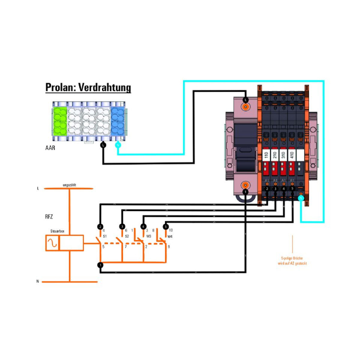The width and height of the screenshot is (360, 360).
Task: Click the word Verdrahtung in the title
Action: click(103, 88)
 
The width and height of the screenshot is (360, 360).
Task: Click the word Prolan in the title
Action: click(58, 88)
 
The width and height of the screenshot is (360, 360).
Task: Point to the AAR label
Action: click(51, 146)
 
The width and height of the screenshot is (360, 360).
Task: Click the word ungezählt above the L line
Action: click(69, 185)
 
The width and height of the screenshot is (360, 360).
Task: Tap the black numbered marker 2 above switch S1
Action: click(100, 226)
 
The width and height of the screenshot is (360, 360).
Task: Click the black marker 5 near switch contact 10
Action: click(166, 226)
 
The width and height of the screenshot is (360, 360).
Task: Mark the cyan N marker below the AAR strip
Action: click(118, 145)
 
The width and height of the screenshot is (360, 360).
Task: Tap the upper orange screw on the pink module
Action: click(245, 106)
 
